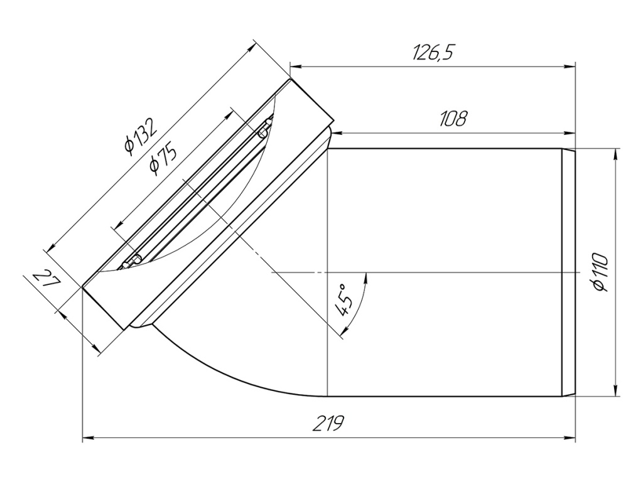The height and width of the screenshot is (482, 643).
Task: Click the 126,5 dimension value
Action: click(x=434, y=53)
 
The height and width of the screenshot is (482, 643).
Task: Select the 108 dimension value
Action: click(x=453, y=119)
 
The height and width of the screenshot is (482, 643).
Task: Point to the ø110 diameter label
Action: click(x=600, y=272)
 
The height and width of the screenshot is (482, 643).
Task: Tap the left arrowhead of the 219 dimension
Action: click(x=89, y=439)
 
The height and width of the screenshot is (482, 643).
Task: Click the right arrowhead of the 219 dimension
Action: click(x=570, y=439)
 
